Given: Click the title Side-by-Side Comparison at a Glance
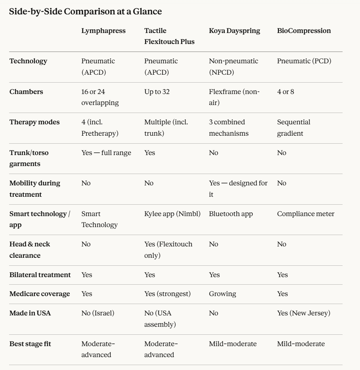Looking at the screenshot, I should coord(85,12).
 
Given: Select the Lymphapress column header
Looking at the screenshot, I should coord(103,31).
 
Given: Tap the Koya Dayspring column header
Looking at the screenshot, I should coord(235,31).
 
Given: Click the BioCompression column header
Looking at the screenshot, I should coord(304,31).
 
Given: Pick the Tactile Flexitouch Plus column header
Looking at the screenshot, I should coord(169,36).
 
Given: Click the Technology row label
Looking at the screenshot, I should coord(28,61).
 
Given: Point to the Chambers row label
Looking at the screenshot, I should coord(26,92).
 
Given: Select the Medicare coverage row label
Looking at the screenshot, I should coord(39,294).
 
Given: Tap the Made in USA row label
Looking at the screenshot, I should coord(30,314).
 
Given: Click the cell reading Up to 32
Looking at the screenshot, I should coord(157,92).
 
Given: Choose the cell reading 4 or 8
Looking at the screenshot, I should coord(285,92).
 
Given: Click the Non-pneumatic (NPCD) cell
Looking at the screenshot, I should coord(233,66).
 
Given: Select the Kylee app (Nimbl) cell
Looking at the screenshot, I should coord(172,214).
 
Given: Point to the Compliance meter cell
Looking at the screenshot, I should coord(305,214).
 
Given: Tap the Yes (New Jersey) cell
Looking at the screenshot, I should coord(304,314).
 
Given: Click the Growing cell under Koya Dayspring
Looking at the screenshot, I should coord(222,294).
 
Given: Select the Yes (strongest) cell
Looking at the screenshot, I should coord(167,294).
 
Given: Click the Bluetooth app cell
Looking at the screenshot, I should coord(231,214).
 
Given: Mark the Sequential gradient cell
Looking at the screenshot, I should coord(294,128).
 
